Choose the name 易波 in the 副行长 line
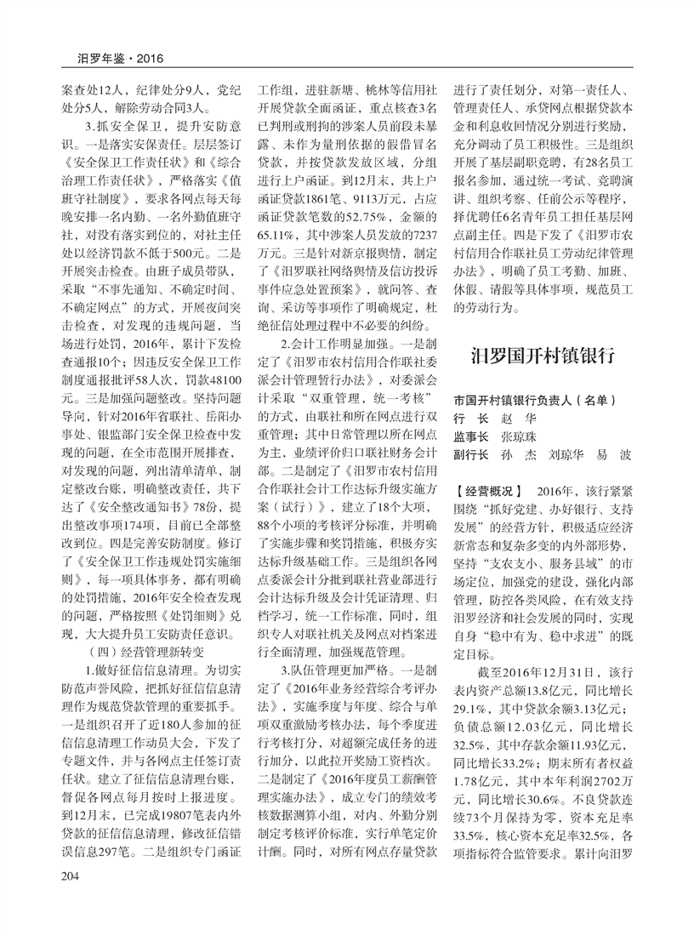(x=614, y=454)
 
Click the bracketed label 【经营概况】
(x=490, y=492)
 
